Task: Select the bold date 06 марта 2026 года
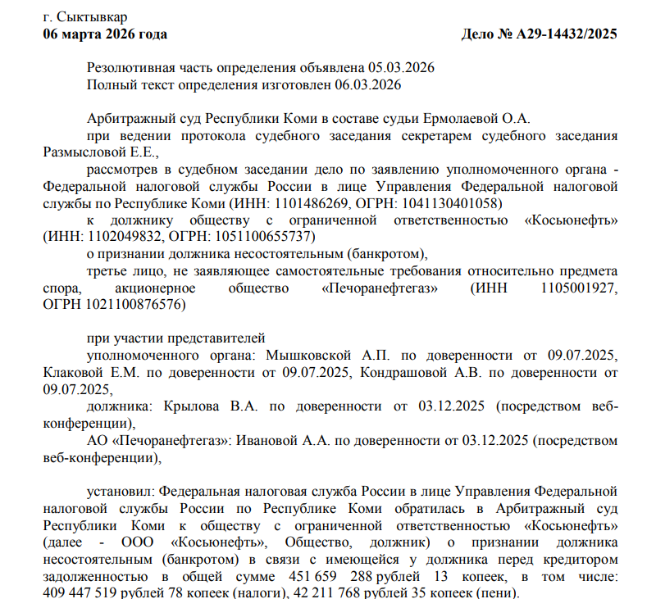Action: [x=105, y=34]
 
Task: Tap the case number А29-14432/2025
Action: [x=566, y=34]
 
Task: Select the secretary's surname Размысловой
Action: [x=80, y=152]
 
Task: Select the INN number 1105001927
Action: [x=579, y=288]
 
